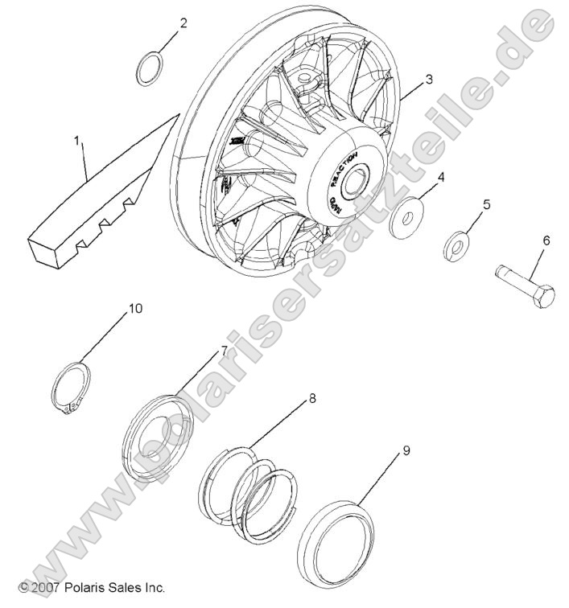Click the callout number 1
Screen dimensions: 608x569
(77, 141)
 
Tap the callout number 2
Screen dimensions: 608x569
(183, 23)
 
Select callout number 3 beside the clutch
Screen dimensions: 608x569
(429, 80)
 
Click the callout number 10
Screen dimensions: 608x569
(135, 308)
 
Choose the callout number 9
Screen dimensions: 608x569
(406, 450)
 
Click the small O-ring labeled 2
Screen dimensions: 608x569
(150, 68)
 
